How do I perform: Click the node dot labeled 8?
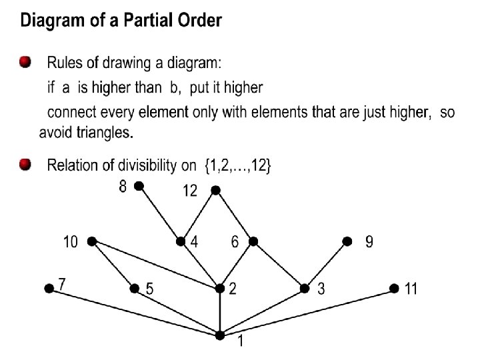(x=139, y=186)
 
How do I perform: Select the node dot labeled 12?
(x=215, y=190)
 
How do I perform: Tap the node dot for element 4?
(x=180, y=241)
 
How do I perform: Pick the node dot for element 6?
(x=253, y=241)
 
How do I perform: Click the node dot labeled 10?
(x=91, y=240)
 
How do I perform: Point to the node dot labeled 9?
(x=347, y=241)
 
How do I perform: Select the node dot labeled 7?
(x=48, y=289)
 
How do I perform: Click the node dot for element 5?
(x=135, y=288)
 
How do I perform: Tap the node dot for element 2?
(x=220, y=289)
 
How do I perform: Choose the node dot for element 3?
(x=305, y=288)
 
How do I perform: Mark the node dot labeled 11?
(x=393, y=288)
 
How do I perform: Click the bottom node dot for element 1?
(x=220, y=335)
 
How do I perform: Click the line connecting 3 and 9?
(x=325, y=265)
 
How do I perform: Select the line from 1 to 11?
(x=307, y=312)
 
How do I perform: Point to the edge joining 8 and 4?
(x=159, y=213)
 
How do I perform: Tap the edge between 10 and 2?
(x=155, y=264)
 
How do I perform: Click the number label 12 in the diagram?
(x=190, y=191)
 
